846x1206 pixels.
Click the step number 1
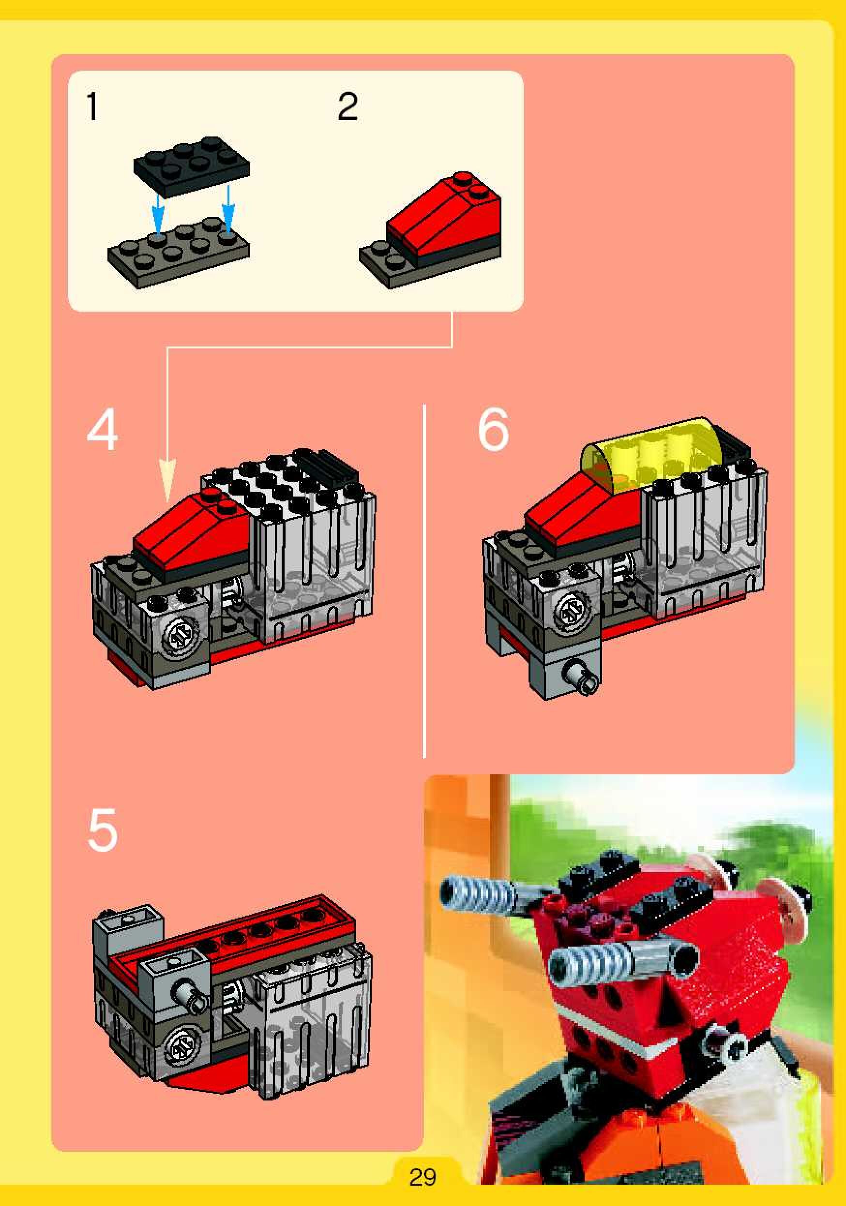coord(92,106)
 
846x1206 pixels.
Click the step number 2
coord(347,106)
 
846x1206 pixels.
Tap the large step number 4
coord(103,431)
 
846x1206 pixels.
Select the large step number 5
coord(103,830)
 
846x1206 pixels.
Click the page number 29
coord(423,1177)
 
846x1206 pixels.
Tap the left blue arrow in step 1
coord(158,210)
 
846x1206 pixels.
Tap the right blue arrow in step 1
coord(227,208)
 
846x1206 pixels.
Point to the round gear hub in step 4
coord(178,638)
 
